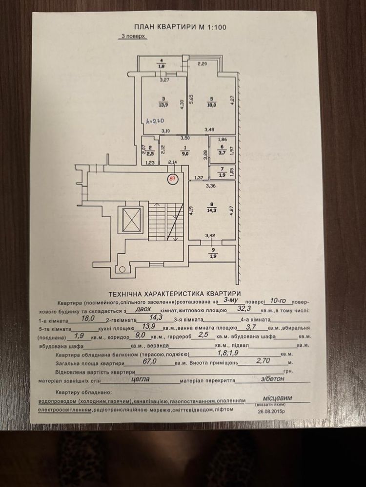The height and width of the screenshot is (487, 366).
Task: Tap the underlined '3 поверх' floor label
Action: [x=133, y=37]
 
